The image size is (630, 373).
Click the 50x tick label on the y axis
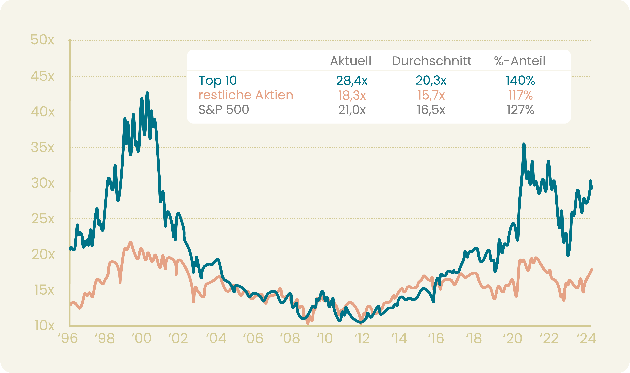[42, 40]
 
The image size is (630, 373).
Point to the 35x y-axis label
[42, 148]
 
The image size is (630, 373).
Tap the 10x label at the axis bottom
[44, 326]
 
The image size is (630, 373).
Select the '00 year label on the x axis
[142, 339]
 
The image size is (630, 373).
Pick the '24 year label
[586, 339]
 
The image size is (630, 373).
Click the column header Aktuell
[351, 61]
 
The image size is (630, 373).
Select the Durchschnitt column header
[431, 61]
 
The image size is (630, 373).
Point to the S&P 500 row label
[224, 110]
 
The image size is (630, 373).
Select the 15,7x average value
[431, 95]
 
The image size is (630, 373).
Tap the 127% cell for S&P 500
[520, 110]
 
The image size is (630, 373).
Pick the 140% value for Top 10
[520, 80]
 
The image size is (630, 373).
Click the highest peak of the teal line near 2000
[147, 93]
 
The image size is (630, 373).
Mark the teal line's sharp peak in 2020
[524, 144]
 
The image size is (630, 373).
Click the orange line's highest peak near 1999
[130, 243]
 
